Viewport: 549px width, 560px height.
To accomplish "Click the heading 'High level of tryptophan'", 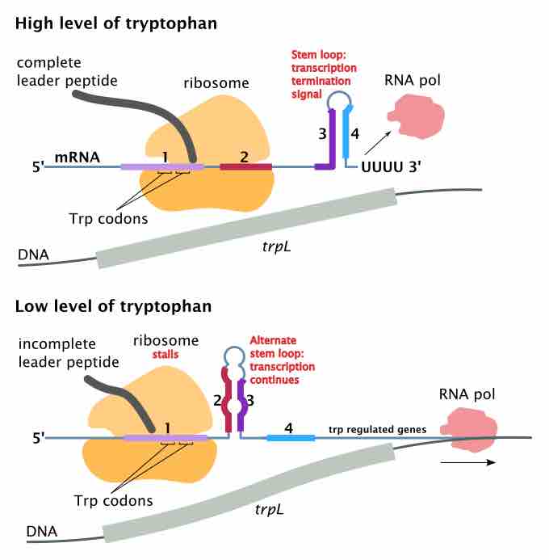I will click(115, 23).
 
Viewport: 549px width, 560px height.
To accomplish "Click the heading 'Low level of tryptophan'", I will click(113, 306).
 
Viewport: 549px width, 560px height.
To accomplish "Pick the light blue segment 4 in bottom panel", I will click(291, 438).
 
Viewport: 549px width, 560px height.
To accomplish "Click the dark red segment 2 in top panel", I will click(245, 166).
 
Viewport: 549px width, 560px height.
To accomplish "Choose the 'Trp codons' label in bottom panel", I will click(119, 500).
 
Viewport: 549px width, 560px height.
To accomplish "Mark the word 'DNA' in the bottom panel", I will click(40, 532).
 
